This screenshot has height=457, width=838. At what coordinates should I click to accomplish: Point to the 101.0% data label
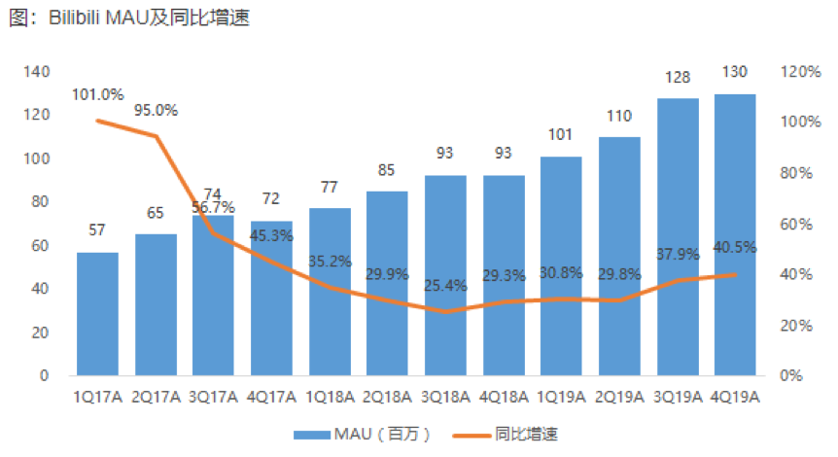97,94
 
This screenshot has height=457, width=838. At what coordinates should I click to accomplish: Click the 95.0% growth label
156,110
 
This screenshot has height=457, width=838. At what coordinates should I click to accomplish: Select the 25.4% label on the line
445,286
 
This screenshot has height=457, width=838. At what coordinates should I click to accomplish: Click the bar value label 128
678,79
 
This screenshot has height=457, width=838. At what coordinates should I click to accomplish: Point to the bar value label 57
97,230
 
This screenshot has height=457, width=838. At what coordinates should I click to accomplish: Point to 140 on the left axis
37,72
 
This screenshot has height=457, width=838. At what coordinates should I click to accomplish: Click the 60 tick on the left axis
41,245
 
